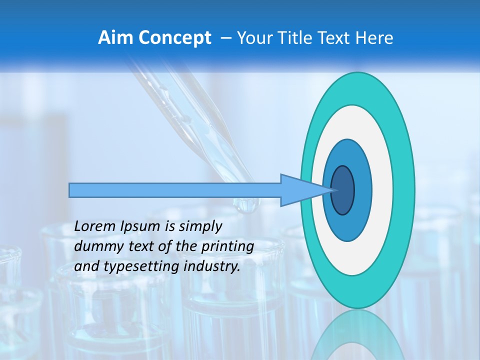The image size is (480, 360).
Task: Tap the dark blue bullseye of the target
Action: click(342, 190)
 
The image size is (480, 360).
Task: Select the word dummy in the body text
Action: click(95, 246)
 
